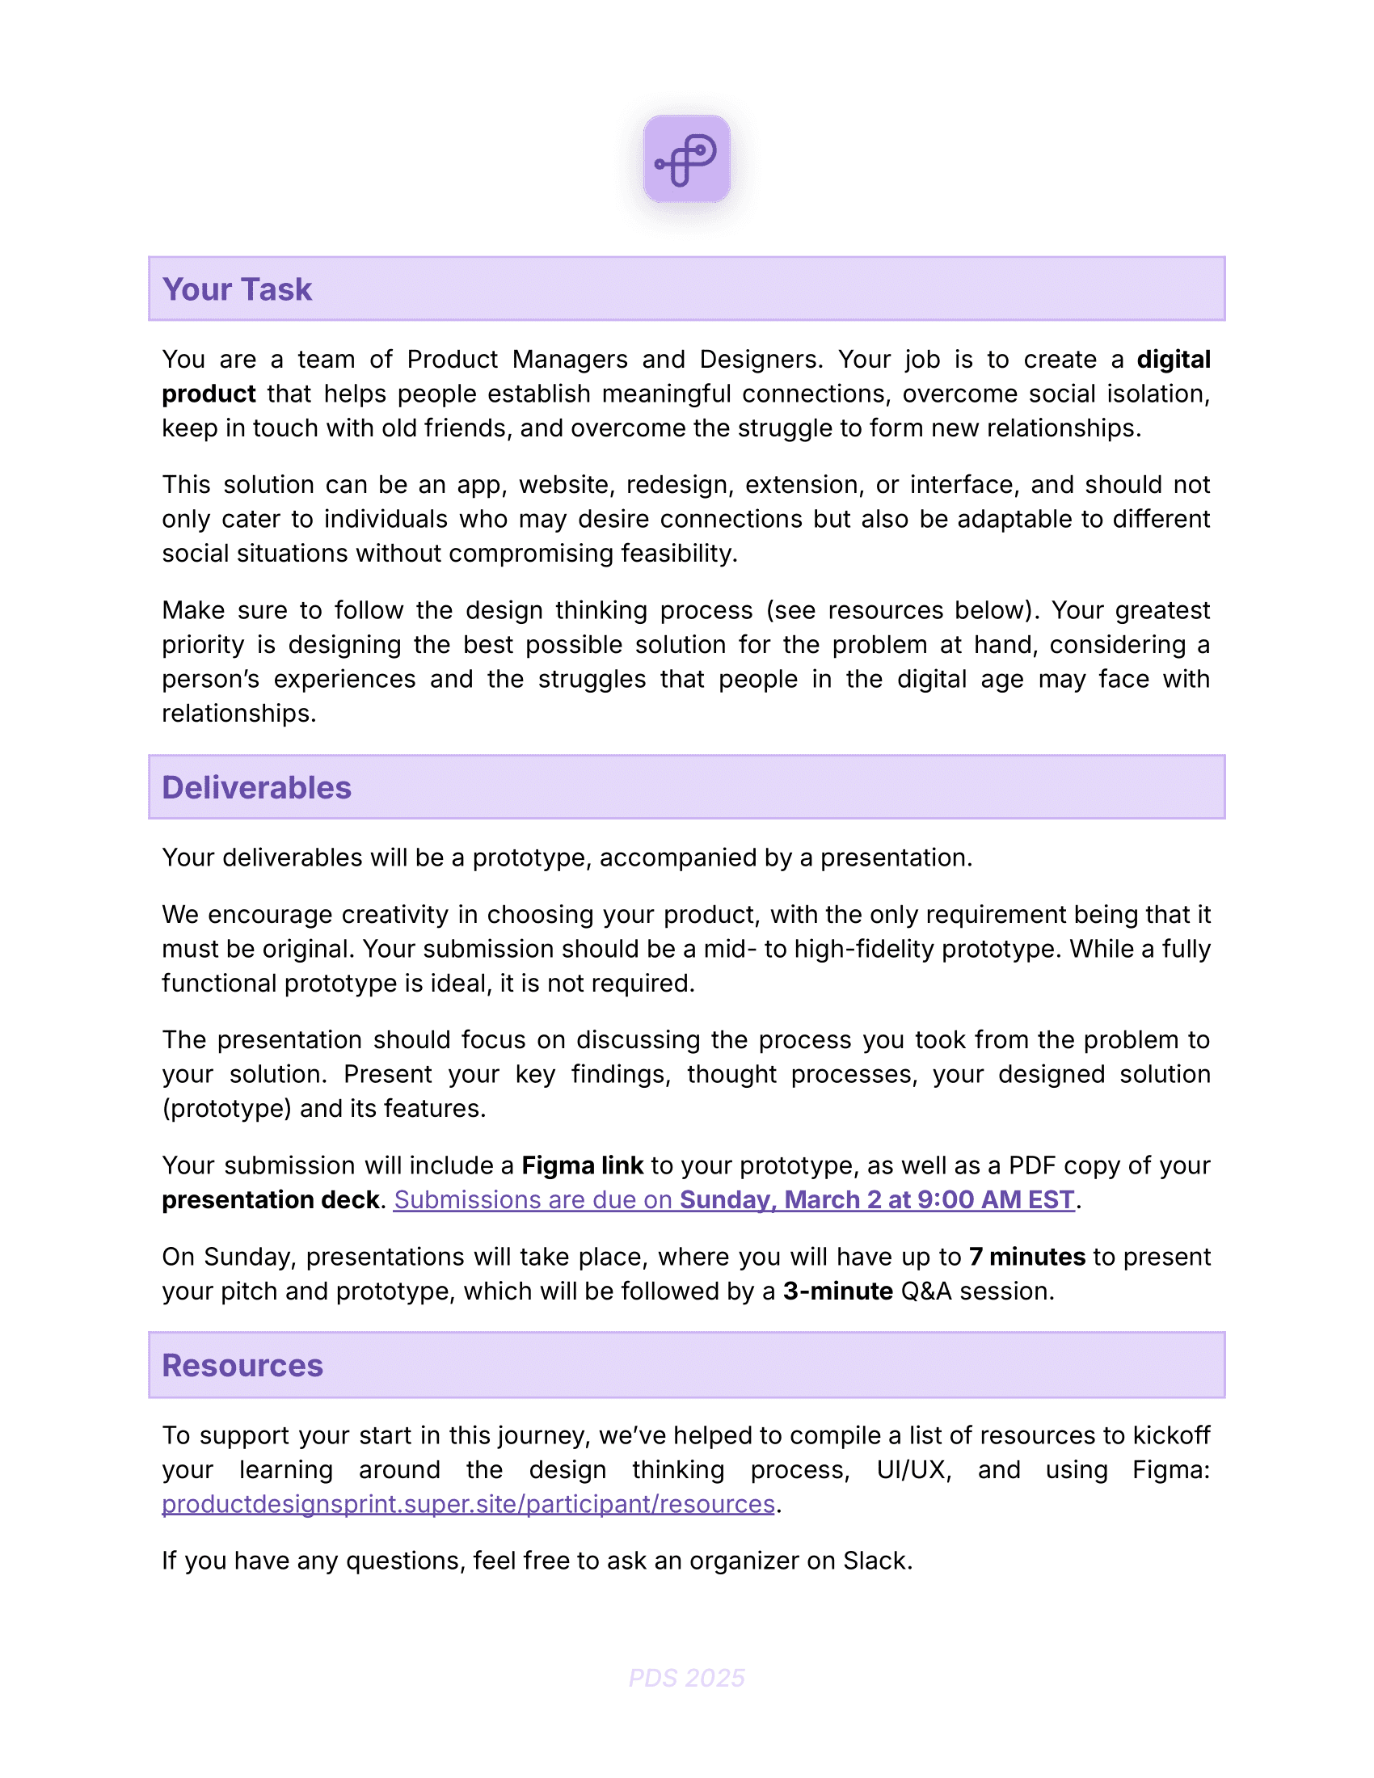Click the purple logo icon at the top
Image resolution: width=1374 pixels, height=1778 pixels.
click(x=686, y=159)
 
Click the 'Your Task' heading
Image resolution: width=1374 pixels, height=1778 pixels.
click(x=237, y=290)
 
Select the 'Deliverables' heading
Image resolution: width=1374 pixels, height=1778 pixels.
click(x=256, y=788)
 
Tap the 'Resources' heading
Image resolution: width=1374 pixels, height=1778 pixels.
click(x=242, y=1365)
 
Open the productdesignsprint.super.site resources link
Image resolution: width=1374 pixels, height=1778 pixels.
click(x=468, y=1504)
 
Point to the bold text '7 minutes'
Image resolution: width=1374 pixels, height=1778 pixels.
click(x=1027, y=1257)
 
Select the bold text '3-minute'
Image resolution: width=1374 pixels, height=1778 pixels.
click(x=837, y=1291)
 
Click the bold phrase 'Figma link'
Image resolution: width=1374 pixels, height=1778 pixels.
click(x=582, y=1165)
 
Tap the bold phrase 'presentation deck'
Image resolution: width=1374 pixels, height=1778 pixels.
click(x=270, y=1200)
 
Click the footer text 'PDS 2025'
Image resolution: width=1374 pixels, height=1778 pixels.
click(x=686, y=1678)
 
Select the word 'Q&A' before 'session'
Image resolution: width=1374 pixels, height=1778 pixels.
click(x=925, y=1291)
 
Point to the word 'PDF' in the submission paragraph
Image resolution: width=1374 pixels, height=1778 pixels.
click(x=1032, y=1165)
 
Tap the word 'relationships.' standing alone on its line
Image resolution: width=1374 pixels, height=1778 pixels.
click(x=238, y=713)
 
